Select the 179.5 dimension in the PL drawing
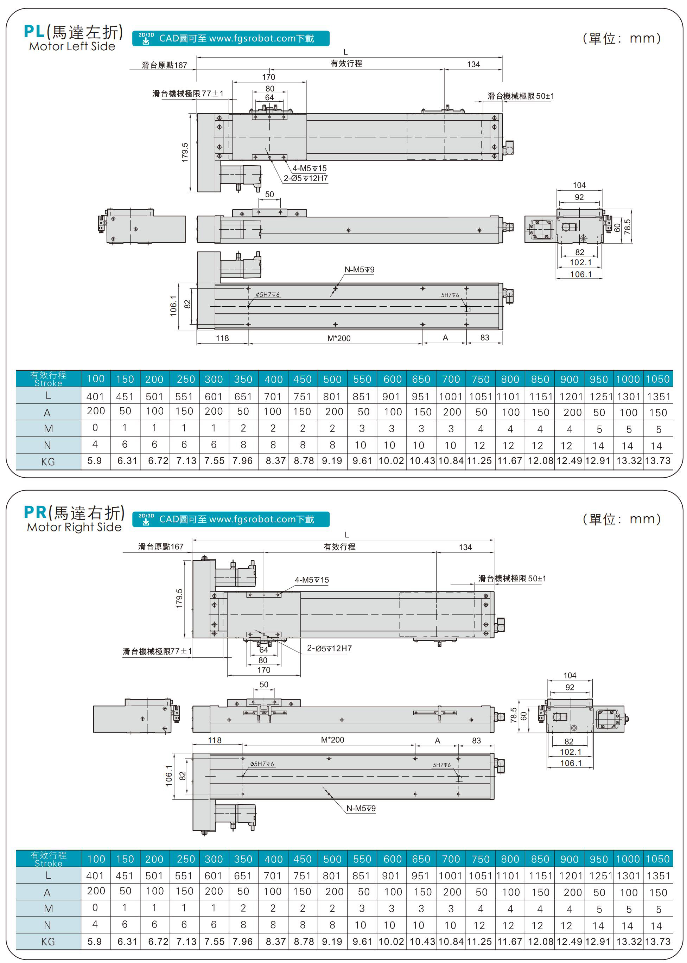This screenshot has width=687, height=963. pos(185,152)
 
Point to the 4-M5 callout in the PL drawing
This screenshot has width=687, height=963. pos(309,168)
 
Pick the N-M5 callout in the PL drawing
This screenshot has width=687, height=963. pos(359,269)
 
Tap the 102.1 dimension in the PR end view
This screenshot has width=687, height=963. pos(570,752)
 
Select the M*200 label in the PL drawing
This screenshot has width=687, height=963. pos(339,338)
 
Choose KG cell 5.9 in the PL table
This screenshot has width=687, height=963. pos(95,460)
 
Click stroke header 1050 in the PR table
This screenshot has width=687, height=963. pos(657,859)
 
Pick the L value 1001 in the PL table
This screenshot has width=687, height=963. pos(451,397)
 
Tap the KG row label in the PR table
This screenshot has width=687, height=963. pos(48,942)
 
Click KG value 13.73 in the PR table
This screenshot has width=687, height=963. pos(657,942)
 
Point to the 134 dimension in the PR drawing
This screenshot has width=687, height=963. pos(465,547)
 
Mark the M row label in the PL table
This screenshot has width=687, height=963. pos(48,429)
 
